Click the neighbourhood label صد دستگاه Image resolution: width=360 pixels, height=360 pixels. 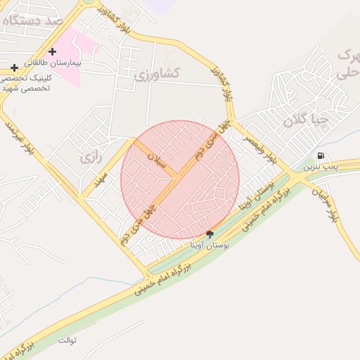[33, 20]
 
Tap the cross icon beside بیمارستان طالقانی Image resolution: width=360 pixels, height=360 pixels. [52, 51]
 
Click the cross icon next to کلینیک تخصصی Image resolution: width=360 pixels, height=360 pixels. [14, 67]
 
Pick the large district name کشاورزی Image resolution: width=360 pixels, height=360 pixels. [157, 73]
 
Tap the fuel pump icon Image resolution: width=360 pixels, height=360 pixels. [321, 156]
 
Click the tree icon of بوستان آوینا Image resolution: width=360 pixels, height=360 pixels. [210, 234]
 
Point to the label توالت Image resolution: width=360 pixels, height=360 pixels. [67, 341]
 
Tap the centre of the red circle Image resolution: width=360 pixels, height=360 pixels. [180, 180]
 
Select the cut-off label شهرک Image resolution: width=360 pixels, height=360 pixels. [349, 54]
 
